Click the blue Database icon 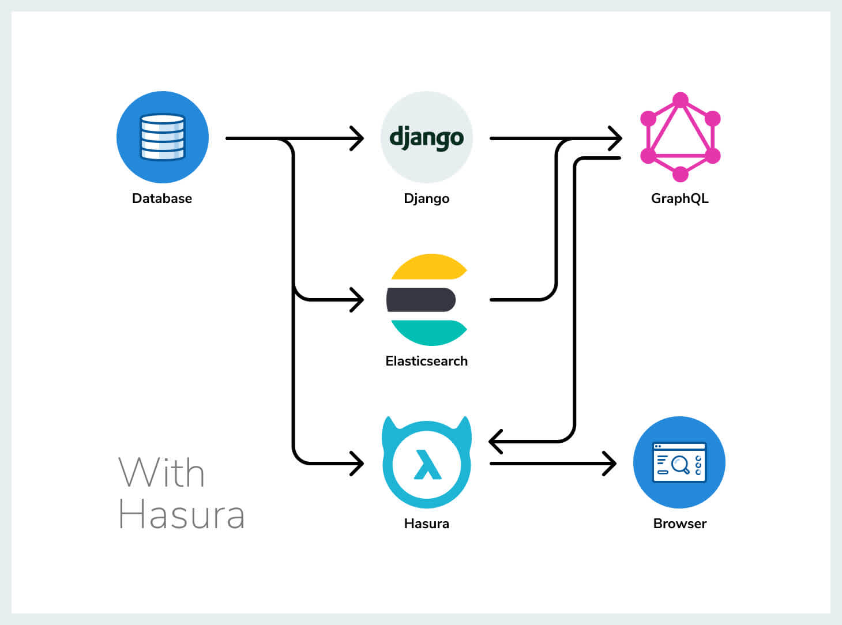click(162, 137)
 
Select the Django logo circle click(426, 137)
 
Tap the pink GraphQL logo click(681, 137)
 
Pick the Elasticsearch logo click(427, 299)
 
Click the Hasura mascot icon click(427, 462)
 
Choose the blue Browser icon click(679, 462)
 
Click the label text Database click(162, 198)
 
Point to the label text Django click(426, 199)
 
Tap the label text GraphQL click(680, 198)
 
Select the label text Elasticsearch click(427, 361)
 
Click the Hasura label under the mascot click(427, 524)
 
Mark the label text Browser click(680, 524)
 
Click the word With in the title click(161, 473)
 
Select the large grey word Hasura click(182, 514)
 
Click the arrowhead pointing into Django click(358, 138)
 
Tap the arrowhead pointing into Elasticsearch click(358, 300)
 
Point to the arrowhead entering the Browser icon click(610, 463)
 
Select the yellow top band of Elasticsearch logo click(428, 266)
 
